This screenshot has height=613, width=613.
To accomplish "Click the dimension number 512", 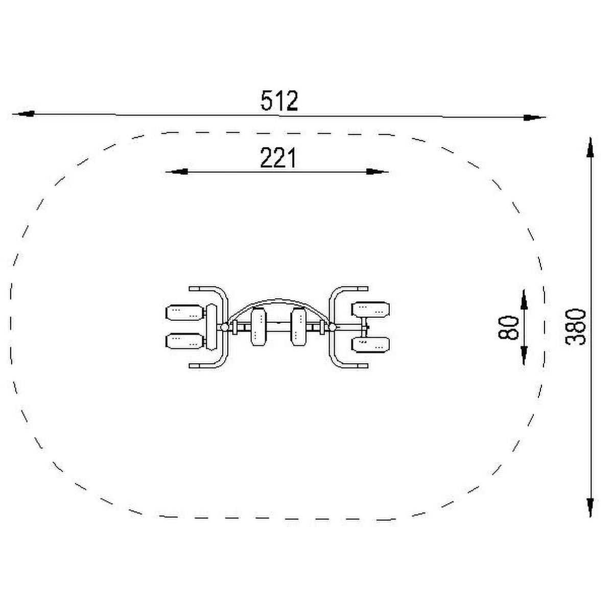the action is click(x=279, y=101).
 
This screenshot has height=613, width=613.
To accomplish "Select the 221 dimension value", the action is click(x=278, y=157).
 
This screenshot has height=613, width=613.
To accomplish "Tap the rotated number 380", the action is click(x=575, y=327).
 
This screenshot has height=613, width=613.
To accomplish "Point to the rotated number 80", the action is click(x=508, y=327).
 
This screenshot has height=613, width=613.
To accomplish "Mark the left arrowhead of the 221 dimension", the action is click(x=177, y=172).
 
